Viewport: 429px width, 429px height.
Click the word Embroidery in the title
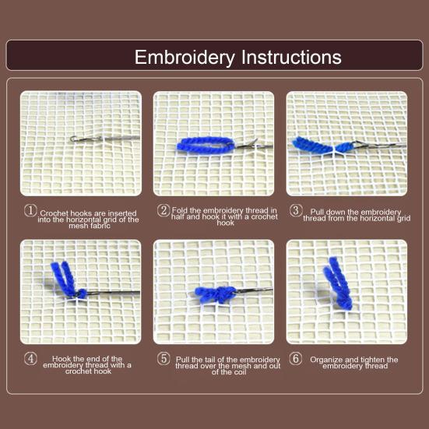coord(185,58)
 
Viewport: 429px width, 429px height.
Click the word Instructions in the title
coord(291,57)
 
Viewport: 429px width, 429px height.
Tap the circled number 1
coord(30,211)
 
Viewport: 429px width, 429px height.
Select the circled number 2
coord(164,211)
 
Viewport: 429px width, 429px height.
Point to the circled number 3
coord(296,211)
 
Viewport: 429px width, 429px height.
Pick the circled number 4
coord(30,359)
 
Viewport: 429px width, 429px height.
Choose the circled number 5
coord(164,359)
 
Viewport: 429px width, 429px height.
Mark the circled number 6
coord(296,359)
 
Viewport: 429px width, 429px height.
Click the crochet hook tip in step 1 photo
coord(72,139)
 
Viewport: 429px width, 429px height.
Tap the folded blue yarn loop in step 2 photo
coord(206,145)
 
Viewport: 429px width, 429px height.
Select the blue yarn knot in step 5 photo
coord(216,295)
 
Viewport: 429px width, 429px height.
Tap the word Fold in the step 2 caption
coord(180,210)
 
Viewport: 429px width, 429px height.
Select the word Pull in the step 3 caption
coord(317,212)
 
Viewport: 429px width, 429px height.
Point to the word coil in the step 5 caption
coord(241,372)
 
